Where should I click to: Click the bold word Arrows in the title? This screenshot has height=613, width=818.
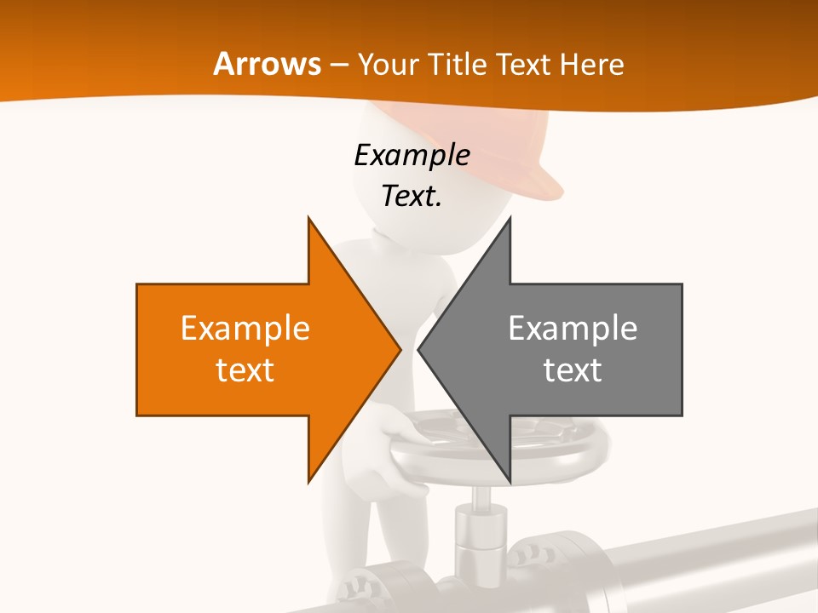(x=267, y=64)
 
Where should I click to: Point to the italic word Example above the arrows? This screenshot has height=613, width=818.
(x=412, y=155)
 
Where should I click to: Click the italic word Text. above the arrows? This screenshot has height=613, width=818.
(x=412, y=196)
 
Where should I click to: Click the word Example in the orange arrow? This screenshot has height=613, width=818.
(x=245, y=328)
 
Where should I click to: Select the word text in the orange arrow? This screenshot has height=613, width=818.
(x=245, y=370)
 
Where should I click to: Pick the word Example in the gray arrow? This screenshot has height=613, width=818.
(x=573, y=328)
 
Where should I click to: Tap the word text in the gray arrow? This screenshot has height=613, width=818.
(x=573, y=370)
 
